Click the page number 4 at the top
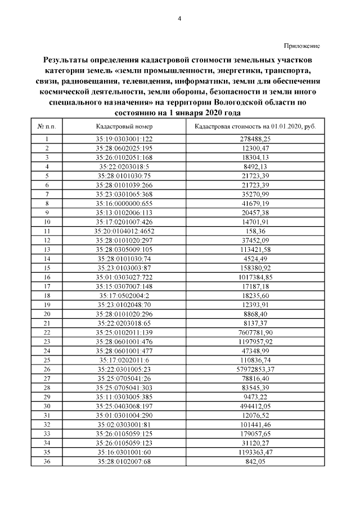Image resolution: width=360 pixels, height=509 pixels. (x=179, y=19)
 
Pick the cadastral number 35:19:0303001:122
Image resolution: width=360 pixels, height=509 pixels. (x=124, y=139)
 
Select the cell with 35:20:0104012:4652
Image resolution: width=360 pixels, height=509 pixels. (x=124, y=231)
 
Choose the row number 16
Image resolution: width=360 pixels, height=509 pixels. (x=47, y=277)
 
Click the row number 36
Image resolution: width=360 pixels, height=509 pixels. (x=47, y=462)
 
